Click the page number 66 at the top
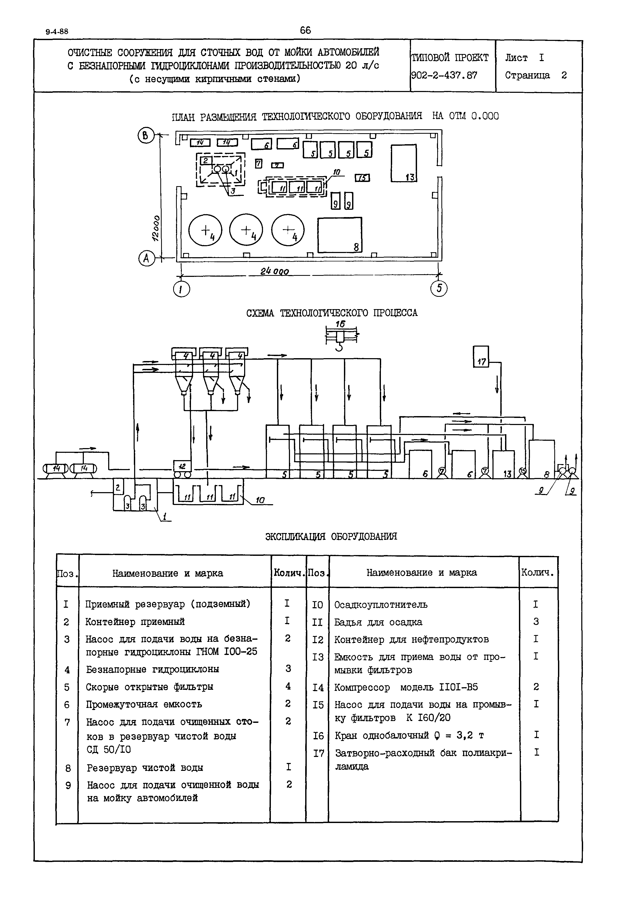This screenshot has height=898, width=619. (305, 30)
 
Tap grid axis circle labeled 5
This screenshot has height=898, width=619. (439, 289)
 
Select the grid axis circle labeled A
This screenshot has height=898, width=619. (146, 258)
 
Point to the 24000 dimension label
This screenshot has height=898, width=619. (274, 271)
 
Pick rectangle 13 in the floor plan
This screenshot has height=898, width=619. (403, 163)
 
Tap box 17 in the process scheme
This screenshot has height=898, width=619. (481, 357)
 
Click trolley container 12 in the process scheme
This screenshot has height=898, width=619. (182, 469)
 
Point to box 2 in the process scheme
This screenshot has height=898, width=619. (118, 487)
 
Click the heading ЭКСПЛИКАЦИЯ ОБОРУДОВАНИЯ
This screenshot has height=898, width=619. (331, 536)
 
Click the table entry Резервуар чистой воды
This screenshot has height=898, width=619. (145, 768)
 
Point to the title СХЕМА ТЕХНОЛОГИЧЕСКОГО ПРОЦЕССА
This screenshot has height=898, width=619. (332, 313)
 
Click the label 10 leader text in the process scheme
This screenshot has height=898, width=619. (260, 501)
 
